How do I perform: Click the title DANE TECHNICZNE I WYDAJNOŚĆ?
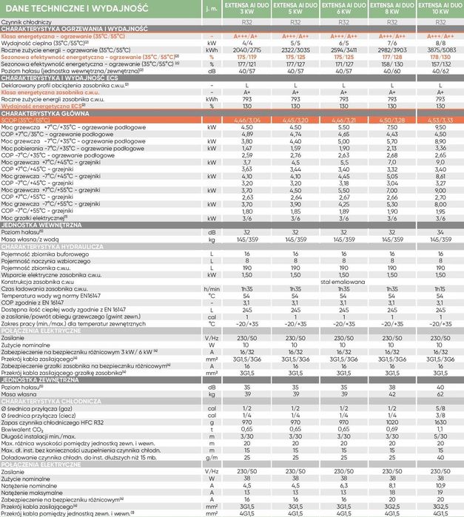click(x=75, y=10)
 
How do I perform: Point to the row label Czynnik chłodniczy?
click(x=27, y=23)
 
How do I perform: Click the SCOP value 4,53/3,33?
click(x=440, y=119)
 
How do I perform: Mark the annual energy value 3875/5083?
click(x=440, y=49)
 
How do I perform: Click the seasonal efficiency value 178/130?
click(x=440, y=56)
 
